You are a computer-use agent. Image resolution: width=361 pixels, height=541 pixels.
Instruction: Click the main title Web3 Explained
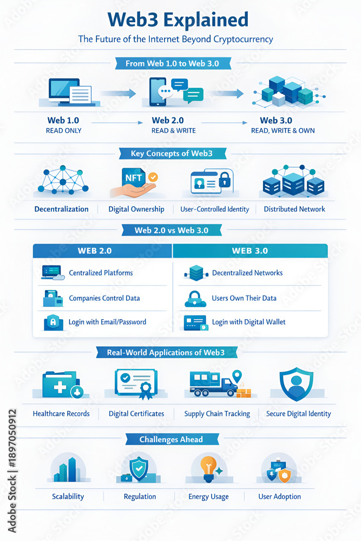pos(178,21)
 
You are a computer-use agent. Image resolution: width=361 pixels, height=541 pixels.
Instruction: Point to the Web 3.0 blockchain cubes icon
pos(283,91)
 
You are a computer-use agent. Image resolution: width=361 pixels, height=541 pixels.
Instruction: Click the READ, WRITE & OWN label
pos(283,130)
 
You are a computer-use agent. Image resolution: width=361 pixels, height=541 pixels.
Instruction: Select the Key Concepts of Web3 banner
pos(172,154)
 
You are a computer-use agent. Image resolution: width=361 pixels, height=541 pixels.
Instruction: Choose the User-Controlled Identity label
pos(214,209)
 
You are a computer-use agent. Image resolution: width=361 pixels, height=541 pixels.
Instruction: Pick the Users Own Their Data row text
pos(244,298)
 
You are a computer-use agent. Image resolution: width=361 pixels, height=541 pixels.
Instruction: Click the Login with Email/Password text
pos(107,322)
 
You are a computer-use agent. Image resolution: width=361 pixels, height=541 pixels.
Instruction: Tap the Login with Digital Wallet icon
pos(195,322)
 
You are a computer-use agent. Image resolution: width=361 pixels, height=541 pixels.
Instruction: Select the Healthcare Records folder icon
pos(62,384)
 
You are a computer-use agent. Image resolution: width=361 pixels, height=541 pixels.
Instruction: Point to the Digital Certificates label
pos(136,414)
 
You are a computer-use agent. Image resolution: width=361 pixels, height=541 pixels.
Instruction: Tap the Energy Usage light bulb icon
pos(208,467)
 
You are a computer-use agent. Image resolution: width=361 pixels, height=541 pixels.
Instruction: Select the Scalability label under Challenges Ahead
pos(68,497)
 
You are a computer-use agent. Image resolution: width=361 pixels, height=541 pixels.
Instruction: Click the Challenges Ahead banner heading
pos(172,439)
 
